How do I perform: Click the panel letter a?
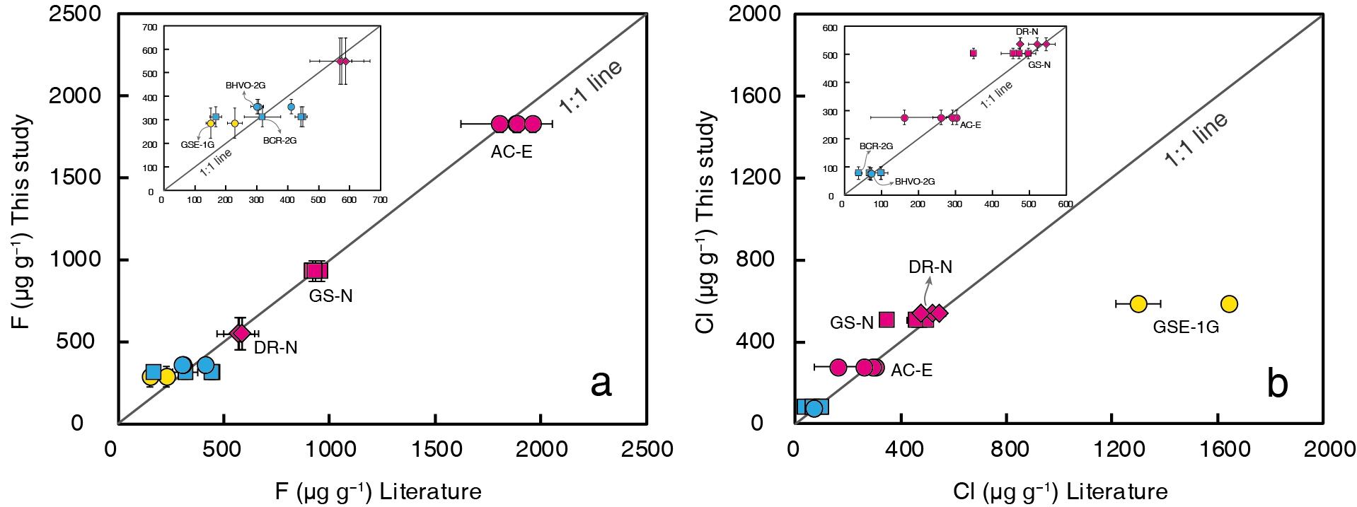[601, 384]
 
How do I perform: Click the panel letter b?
[1277, 384]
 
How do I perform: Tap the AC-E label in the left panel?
[512, 152]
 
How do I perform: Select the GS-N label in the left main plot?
[330, 296]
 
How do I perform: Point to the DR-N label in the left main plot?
[275, 348]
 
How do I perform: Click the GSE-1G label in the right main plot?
[1186, 327]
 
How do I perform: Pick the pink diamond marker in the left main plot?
[241, 333]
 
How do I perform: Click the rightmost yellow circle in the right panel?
[1229, 304]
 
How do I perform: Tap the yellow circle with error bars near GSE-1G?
[1138, 304]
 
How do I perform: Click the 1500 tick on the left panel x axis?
[435, 449]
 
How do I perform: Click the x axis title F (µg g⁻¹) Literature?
[378, 491]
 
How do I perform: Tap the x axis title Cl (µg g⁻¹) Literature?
[1060, 491]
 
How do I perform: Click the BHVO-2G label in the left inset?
[246, 86]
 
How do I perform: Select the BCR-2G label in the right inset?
[876, 146]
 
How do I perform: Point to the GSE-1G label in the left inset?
[197, 145]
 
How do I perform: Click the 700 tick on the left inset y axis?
[149, 28]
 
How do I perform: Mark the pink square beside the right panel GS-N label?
[887, 320]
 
